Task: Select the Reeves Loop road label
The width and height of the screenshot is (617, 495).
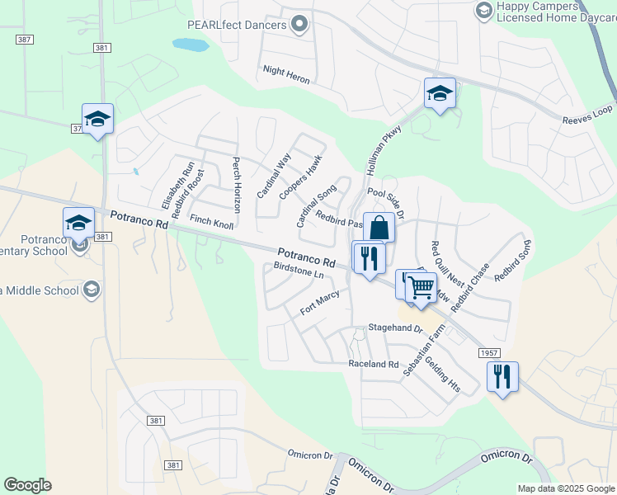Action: coord(587,115)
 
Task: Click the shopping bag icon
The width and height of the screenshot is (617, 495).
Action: coord(379,228)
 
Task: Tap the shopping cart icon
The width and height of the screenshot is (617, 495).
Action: coord(421,287)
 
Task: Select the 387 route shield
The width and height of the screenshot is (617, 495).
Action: coord(25,39)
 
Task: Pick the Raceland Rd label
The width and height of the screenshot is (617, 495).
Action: coord(373,364)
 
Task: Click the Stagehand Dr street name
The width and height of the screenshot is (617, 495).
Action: coord(395,328)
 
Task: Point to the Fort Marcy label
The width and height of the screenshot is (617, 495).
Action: coord(320,302)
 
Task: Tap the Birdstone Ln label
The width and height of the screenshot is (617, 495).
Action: coord(299,271)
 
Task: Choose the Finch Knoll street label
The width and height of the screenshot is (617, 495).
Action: coord(212,222)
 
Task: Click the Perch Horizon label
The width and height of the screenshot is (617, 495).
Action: coord(237,185)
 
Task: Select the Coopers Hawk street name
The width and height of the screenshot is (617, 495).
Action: coord(299,177)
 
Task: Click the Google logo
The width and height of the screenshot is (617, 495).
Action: coord(27,485)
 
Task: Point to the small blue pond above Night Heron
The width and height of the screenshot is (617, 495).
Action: coord(191,45)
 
